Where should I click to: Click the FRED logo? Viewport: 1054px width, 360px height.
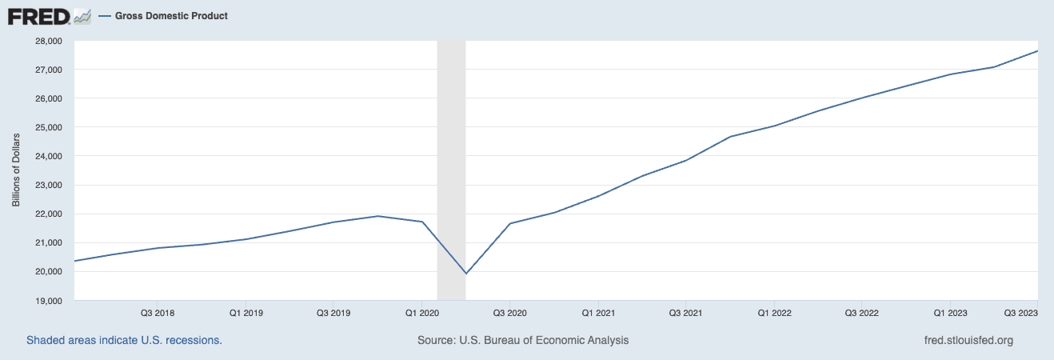click(x=37, y=16)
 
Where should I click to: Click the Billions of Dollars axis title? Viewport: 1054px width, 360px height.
click(x=16, y=170)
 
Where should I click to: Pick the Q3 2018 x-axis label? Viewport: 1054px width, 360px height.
click(x=158, y=313)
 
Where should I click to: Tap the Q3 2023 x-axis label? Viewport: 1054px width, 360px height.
click(x=1021, y=313)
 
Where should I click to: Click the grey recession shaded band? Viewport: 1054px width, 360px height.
click(x=451, y=160)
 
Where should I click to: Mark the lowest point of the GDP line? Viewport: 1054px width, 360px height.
click(x=465, y=274)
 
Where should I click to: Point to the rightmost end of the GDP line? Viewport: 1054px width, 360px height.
click(x=1037, y=51)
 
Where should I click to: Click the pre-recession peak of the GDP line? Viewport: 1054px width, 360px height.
click(x=377, y=216)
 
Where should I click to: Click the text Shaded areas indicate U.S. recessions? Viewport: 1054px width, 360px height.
click(x=124, y=340)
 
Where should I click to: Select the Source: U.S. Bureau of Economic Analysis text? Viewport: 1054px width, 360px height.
click(x=523, y=340)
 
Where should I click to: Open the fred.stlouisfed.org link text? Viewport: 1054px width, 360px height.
click(x=968, y=340)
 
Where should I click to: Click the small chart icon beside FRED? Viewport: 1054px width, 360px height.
click(x=82, y=16)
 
